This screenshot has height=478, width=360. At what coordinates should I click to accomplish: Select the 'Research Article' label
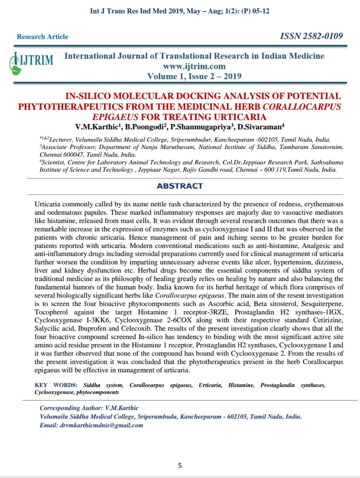click(x=43, y=37)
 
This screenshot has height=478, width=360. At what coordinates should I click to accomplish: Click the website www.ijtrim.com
click(x=194, y=66)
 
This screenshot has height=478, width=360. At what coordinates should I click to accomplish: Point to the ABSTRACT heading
click(x=180, y=186)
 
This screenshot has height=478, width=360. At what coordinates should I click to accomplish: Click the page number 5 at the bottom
click(x=180, y=465)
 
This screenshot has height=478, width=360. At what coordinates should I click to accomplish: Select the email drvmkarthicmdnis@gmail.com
click(x=102, y=425)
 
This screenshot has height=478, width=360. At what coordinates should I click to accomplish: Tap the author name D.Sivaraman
click(x=260, y=127)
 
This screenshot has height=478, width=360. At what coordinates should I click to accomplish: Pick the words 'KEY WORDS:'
click(x=56, y=385)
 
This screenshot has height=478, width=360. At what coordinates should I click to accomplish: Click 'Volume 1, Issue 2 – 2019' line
click(x=194, y=76)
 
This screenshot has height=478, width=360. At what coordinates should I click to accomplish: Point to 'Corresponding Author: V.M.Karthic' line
click(x=89, y=408)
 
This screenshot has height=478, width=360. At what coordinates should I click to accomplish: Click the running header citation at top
click(x=180, y=11)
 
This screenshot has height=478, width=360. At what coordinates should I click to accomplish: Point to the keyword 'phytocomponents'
click(x=97, y=392)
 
